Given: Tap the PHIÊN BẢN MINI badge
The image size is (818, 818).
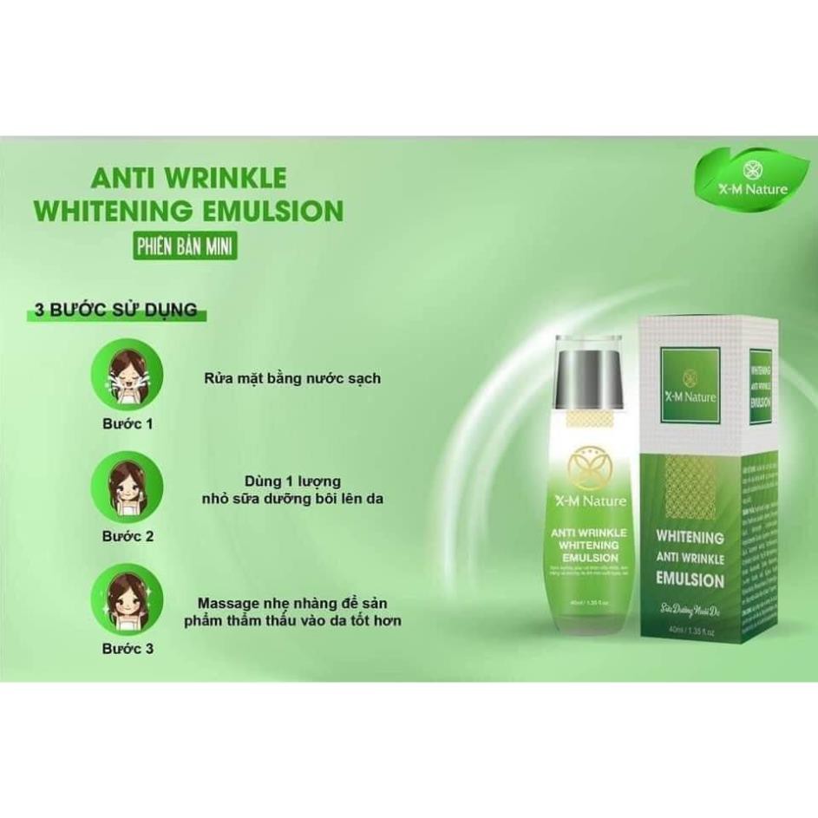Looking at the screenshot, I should click(185, 245).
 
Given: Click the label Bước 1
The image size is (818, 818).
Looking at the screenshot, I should click(127, 424).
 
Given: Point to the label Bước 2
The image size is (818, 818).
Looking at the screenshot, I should click(127, 536).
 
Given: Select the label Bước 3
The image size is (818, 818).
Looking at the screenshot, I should click(127, 648).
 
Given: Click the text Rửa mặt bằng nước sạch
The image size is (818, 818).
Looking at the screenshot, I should click(280, 378).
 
